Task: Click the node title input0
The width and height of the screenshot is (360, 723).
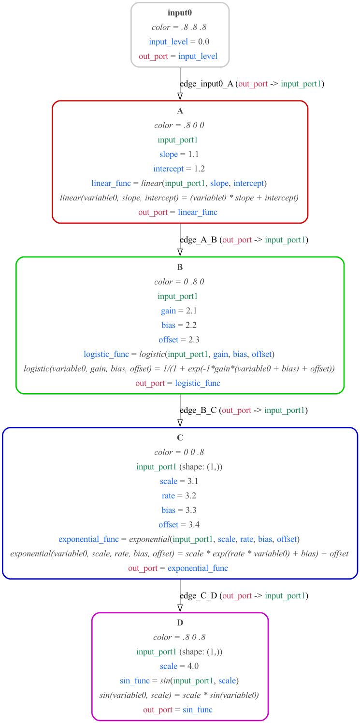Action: pos(180,13)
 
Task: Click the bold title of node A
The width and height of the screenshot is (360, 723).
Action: pos(180,111)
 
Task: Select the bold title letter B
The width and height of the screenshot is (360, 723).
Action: pos(180,267)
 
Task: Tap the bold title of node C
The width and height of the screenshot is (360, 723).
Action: pos(180,438)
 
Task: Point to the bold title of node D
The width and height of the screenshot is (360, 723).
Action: pos(180,623)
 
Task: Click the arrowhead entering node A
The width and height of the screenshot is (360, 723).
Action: pos(180,97)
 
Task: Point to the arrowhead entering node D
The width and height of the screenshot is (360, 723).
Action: pos(180,609)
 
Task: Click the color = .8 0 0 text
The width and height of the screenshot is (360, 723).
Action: pos(180,125)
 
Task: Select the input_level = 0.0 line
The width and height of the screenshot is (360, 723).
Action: pos(180,42)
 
